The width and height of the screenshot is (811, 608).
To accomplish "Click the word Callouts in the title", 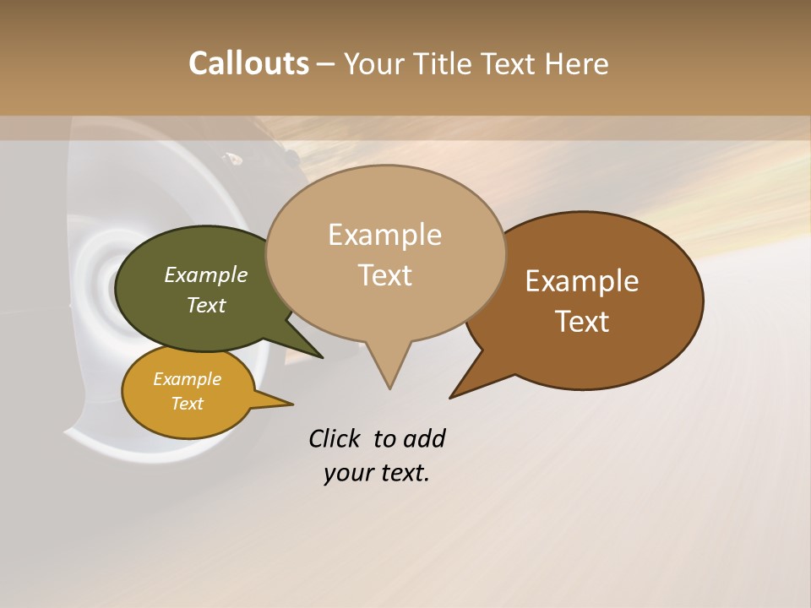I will [x=248, y=63].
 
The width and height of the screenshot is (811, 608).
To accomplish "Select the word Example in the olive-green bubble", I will [x=206, y=274].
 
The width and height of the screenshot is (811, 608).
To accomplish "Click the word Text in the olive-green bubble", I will [x=206, y=305].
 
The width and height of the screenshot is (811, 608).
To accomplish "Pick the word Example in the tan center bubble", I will [x=384, y=235].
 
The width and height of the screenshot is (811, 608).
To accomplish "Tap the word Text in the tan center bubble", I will [x=384, y=275].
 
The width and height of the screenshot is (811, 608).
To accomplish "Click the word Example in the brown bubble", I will [x=582, y=281].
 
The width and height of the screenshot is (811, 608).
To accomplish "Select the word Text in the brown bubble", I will [x=582, y=322].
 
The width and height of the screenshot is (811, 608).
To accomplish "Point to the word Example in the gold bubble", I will [x=187, y=379].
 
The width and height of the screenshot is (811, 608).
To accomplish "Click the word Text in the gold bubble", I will [x=187, y=404].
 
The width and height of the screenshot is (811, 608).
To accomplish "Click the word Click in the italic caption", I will [x=336, y=438].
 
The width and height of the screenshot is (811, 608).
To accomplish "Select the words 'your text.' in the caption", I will [x=377, y=473].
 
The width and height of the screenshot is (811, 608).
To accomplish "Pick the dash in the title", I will [x=327, y=63].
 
